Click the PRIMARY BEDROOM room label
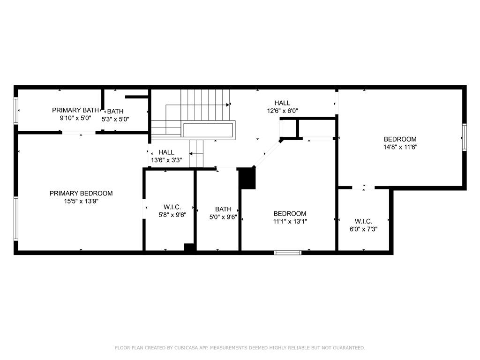click(81, 194)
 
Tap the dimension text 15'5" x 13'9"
click(81, 202)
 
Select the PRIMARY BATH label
click(75, 110)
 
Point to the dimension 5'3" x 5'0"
click(115, 119)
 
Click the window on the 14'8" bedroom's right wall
click(465, 137)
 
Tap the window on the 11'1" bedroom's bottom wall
click(288, 253)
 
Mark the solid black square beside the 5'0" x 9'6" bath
click(247, 179)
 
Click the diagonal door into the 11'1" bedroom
click(267, 154)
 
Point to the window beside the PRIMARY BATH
click(16, 111)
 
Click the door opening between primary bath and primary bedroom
click(79, 133)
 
